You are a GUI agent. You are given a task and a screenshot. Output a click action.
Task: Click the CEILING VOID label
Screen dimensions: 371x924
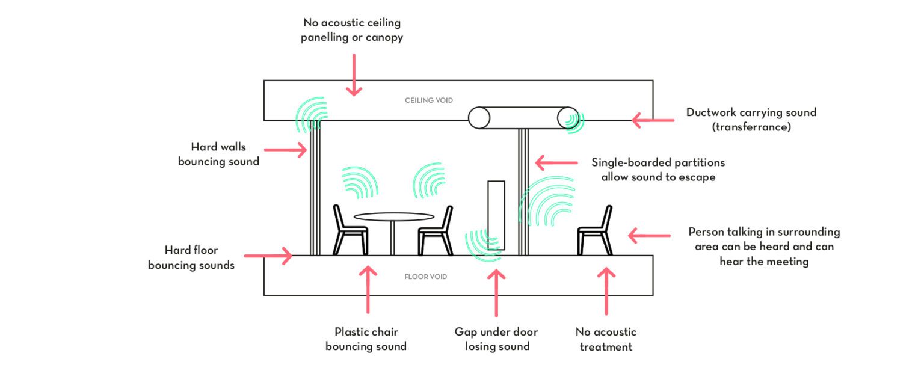pos(428,100)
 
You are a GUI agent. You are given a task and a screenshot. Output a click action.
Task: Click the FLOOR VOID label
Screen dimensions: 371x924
pos(425,277)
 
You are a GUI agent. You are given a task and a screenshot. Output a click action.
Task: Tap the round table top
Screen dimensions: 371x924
pos(393,216)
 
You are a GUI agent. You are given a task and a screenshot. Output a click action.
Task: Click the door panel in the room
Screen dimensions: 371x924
pos(496,215)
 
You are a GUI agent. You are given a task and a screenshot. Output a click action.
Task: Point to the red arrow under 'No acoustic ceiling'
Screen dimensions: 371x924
pos(354,75)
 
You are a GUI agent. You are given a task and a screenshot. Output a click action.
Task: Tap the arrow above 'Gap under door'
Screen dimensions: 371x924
pos(496,293)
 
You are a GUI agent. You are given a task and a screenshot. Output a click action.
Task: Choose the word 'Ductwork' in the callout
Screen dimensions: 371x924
pos(712,112)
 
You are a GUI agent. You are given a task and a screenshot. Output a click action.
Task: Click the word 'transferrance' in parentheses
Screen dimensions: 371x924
pos(751,127)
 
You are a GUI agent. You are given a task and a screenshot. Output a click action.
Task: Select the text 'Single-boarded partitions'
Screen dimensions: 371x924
pos(658,162)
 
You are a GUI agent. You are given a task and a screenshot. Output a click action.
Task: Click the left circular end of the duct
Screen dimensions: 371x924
pos(479,117)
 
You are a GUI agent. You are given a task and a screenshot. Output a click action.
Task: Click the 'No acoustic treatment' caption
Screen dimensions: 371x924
pos(605,339)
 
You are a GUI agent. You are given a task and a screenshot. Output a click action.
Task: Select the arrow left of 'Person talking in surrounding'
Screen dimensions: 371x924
pos(649,236)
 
